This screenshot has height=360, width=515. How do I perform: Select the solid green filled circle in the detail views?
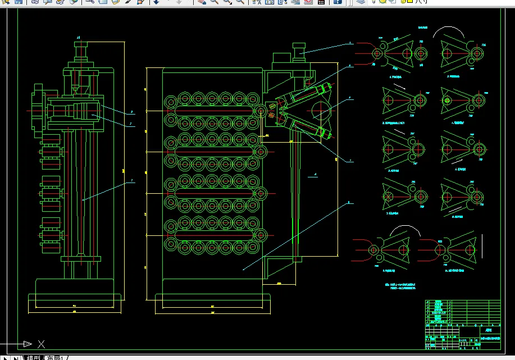(x=448, y=101)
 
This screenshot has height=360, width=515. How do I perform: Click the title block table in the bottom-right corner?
(x=463, y=323)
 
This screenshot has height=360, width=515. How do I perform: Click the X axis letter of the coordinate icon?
(x=41, y=343)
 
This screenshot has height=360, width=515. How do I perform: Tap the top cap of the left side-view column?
(x=79, y=44)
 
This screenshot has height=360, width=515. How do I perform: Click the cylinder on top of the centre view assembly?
(x=298, y=51)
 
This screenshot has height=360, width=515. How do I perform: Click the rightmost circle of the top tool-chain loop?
(x=261, y=110)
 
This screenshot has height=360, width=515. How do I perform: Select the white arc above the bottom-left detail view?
(x=405, y=230)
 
